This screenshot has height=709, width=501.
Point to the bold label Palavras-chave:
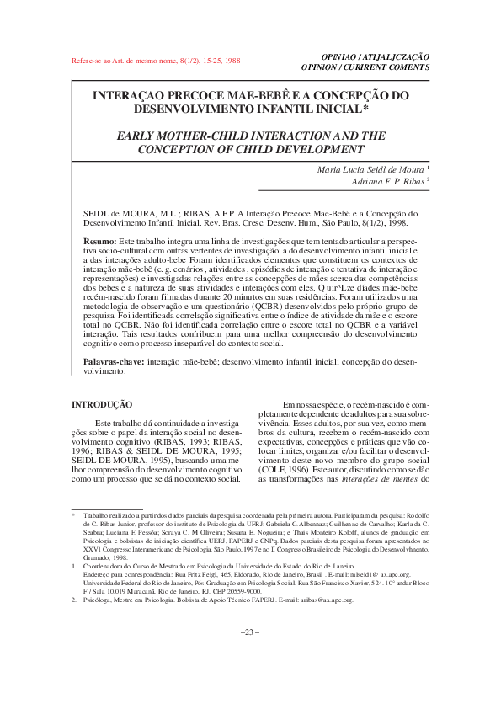click(115, 361)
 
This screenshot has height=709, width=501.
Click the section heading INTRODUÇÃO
click(101, 405)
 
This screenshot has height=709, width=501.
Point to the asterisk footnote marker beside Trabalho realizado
click(73, 512)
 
